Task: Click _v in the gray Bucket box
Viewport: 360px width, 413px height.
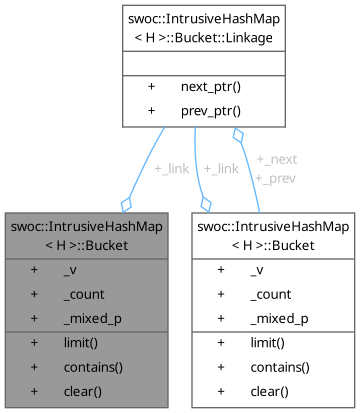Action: pyautogui.click(x=68, y=270)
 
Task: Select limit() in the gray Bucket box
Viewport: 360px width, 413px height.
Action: pyautogui.click(x=79, y=343)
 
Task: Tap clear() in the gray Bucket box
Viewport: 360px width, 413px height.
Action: pyautogui.click(x=79, y=391)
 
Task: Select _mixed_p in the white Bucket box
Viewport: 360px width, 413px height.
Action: pyautogui.click(x=279, y=318)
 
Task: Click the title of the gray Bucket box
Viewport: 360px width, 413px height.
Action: pyautogui.click(x=88, y=235)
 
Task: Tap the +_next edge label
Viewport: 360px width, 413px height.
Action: pyautogui.click(x=277, y=159)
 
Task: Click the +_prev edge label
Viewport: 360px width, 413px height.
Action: pyautogui.click(x=277, y=177)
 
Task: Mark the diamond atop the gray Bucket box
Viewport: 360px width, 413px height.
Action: pyautogui.click(x=127, y=203)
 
